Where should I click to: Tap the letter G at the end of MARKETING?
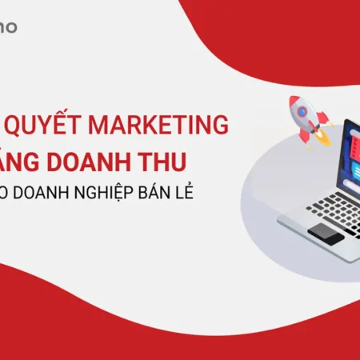[x=218, y=126]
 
